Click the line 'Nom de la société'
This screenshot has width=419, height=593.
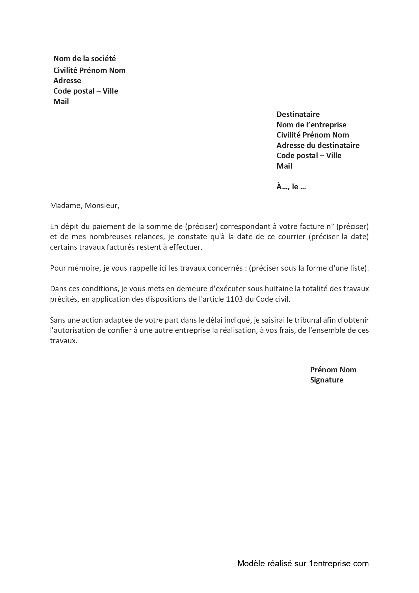point(84,59)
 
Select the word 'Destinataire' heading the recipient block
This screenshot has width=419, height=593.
point(298,115)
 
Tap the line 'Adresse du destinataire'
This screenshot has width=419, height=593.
point(318,146)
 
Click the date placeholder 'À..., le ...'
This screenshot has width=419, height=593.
point(291,187)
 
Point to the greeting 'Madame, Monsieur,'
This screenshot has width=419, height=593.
point(84,206)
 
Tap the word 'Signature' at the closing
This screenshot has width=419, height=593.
point(326,380)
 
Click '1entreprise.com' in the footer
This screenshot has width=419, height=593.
point(338,564)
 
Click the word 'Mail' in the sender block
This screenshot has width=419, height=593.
point(61,102)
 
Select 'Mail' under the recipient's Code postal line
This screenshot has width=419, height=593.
point(284,166)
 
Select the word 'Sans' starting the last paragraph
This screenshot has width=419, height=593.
point(57,320)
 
